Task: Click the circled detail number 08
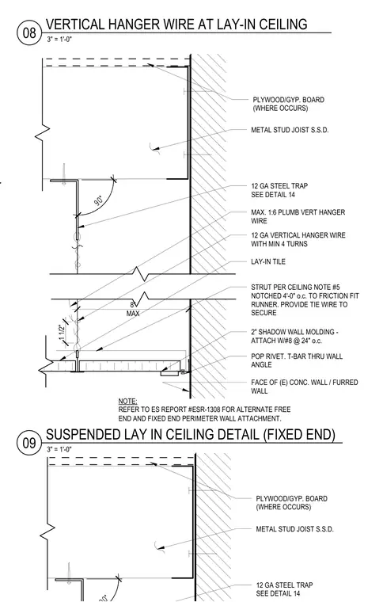pyautogui.click(x=29, y=33)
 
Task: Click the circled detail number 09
pyautogui.click(x=29, y=443)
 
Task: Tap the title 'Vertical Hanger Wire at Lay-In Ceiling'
pyautogui.click(x=176, y=25)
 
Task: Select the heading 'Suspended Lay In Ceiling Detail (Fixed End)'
pyautogui.click(x=191, y=434)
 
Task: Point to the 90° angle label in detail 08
pyautogui.click(x=99, y=200)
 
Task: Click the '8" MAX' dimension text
pyautogui.click(x=133, y=310)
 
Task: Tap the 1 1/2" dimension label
pyautogui.click(x=62, y=333)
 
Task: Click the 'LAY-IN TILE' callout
pyautogui.click(x=268, y=261)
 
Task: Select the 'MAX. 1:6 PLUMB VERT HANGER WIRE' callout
pyautogui.click(x=298, y=216)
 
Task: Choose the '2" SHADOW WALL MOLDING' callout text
pyautogui.click(x=294, y=336)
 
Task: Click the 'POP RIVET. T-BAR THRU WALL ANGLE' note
pyautogui.click(x=297, y=360)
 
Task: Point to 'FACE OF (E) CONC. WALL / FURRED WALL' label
pyautogui.click(x=305, y=387)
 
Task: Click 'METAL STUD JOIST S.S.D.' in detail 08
pyautogui.click(x=290, y=130)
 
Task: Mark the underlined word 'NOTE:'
pyautogui.click(x=127, y=402)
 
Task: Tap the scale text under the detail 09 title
pyautogui.click(x=59, y=449)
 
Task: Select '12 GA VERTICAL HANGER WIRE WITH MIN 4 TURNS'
pyautogui.click(x=298, y=239)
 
